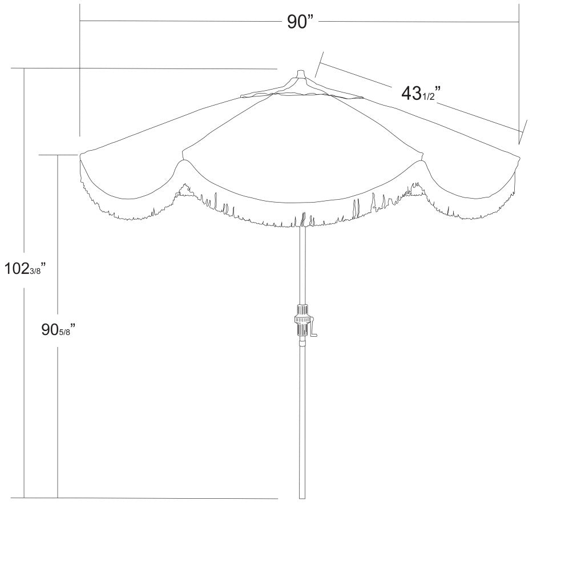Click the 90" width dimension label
[x=300, y=22]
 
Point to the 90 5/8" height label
[x=58, y=329]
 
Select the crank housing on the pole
[x=302, y=321]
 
